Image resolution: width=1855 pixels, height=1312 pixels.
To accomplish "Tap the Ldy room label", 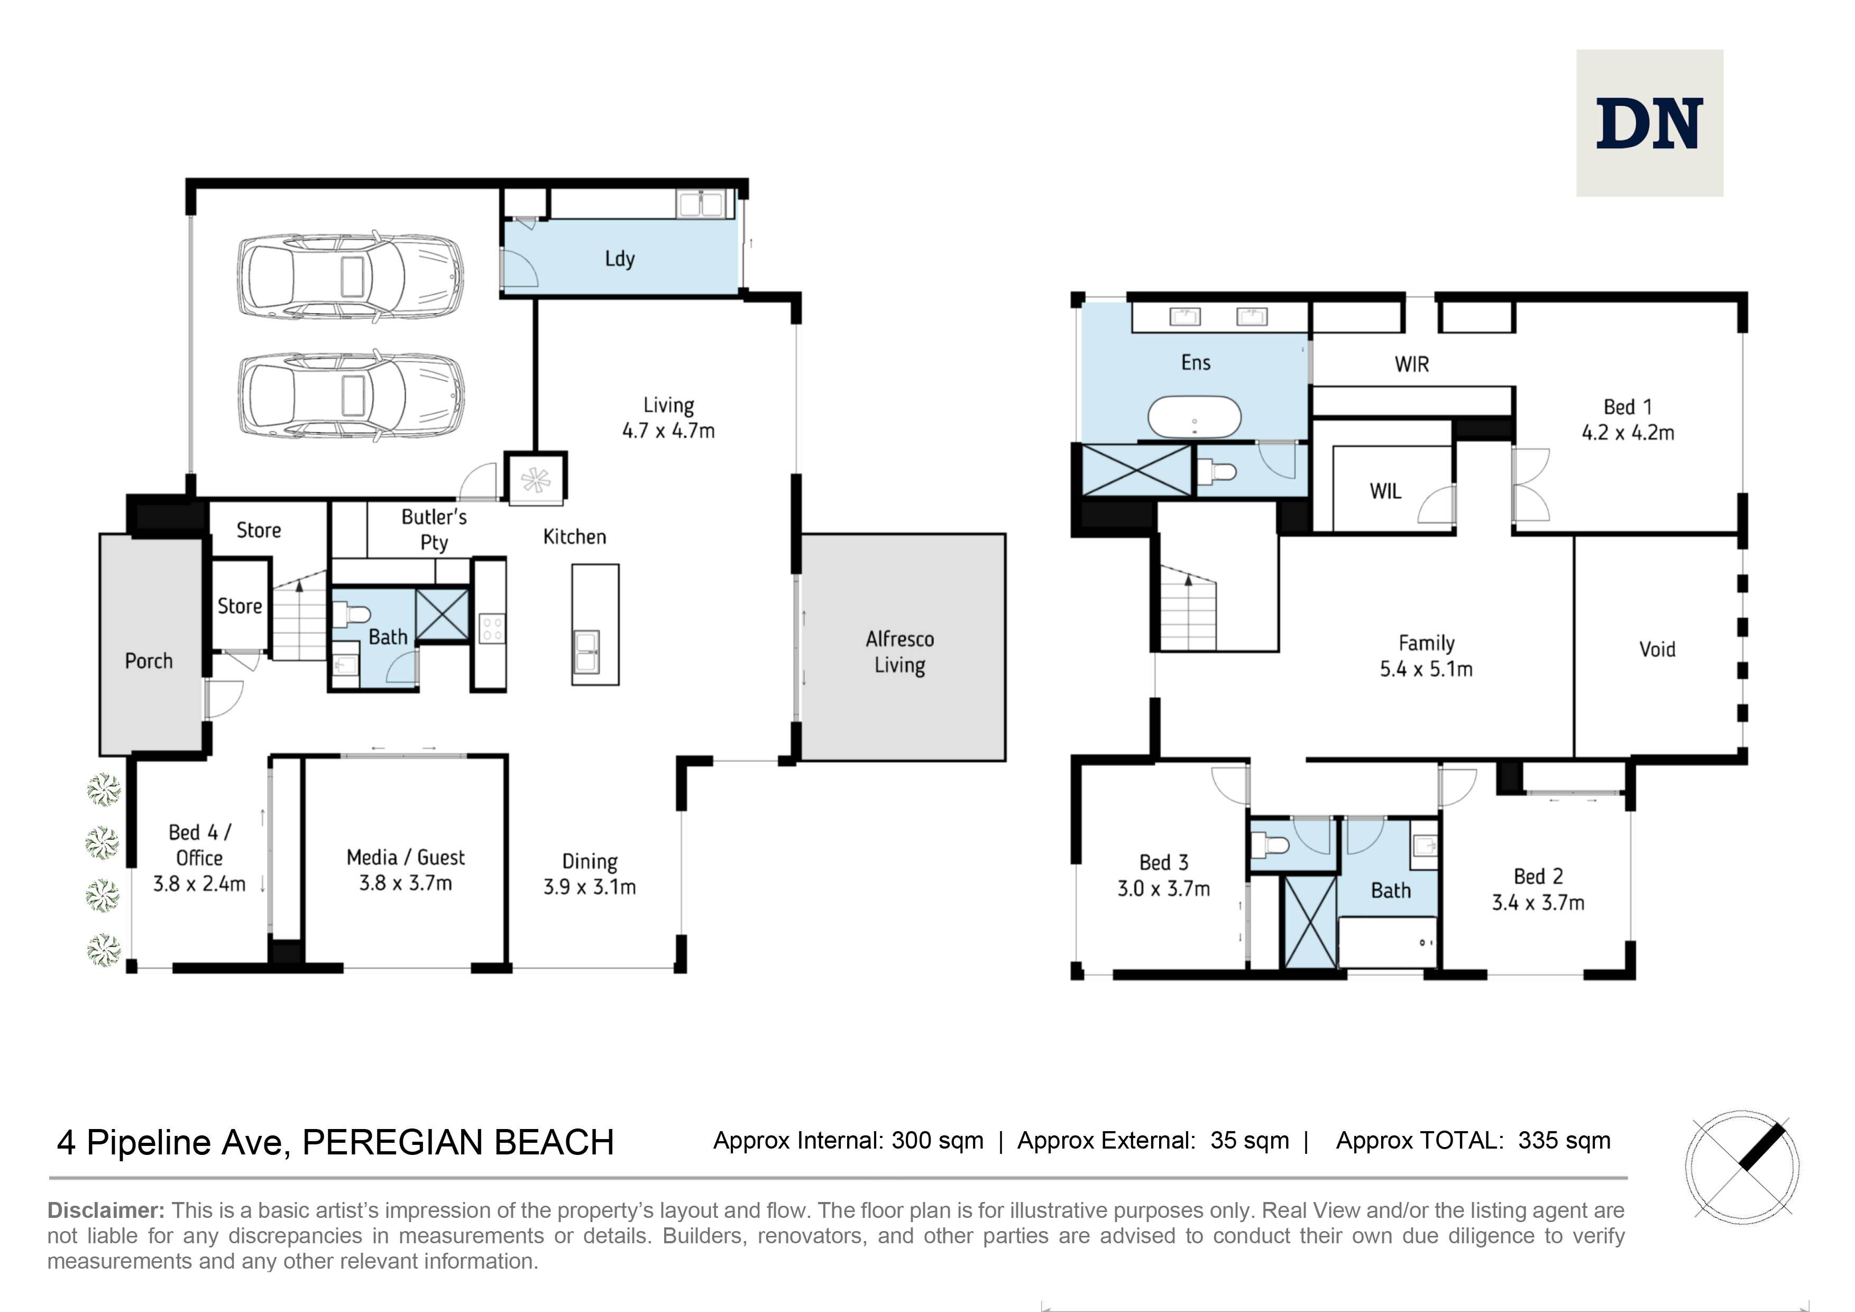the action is tap(620, 259).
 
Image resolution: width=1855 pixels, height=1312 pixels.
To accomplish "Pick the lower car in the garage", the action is tap(351, 396).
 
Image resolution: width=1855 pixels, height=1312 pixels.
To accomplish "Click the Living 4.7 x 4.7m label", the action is tap(668, 418).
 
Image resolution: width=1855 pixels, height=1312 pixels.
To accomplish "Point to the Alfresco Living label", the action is tap(899, 652).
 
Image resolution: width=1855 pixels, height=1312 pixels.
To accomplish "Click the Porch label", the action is tap(149, 661).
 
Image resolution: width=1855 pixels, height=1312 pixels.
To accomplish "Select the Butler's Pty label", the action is tap(434, 529).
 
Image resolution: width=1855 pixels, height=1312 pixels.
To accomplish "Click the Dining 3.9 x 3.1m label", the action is tap(589, 874).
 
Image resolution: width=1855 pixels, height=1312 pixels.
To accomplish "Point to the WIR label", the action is tap(1411, 364).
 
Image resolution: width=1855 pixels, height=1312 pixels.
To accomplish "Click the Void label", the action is tap(1657, 649).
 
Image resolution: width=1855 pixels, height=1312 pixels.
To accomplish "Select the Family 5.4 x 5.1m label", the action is tap(1426, 656).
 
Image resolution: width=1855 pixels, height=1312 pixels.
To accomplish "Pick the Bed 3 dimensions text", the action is tap(1163, 888).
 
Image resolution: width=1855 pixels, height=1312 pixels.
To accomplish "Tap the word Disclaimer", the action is tap(106, 1210).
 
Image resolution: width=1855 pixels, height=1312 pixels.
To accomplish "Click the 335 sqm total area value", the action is tap(1564, 1141).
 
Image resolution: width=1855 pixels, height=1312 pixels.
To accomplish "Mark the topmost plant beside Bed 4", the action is tap(104, 790).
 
